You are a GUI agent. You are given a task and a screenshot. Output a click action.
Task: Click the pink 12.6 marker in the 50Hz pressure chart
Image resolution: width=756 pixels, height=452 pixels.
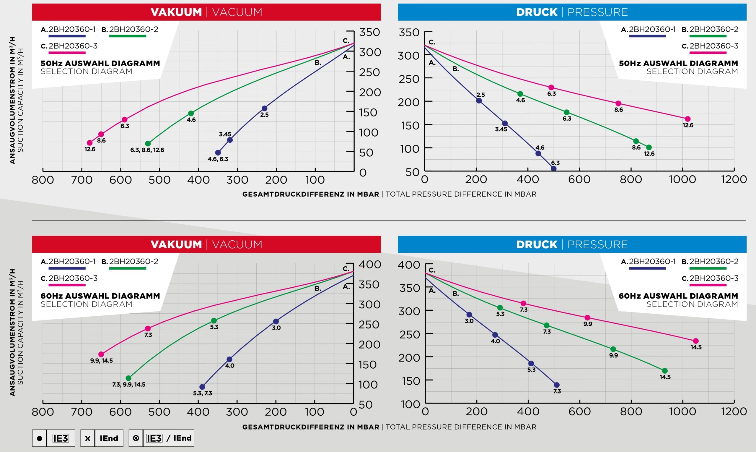(687, 119)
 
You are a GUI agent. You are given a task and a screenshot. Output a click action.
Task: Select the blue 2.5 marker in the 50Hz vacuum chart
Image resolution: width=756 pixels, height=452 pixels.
(264, 108)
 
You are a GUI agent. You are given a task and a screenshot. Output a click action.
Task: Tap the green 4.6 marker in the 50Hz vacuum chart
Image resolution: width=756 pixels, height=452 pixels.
(191, 113)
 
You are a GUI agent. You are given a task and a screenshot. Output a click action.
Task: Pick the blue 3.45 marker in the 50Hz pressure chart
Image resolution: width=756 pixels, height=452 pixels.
(505, 123)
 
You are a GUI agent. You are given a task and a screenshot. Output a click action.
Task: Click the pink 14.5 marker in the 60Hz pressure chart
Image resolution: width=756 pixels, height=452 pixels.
(696, 341)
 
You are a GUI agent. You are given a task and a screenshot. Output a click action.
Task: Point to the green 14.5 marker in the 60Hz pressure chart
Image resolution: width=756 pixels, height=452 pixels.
(665, 371)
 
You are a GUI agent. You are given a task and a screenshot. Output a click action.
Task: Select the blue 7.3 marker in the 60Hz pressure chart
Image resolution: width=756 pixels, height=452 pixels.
(557, 385)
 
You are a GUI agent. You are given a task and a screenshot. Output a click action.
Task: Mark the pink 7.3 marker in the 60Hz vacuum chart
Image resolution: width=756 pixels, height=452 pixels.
(148, 329)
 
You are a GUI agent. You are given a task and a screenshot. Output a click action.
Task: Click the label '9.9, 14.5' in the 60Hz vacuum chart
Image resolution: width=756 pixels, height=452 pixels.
(101, 361)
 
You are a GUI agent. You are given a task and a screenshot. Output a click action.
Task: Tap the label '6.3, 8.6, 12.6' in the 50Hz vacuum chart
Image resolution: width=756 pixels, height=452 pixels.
(147, 150)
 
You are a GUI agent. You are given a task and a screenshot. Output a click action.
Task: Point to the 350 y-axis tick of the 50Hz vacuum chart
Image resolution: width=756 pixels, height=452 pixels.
(370, 32)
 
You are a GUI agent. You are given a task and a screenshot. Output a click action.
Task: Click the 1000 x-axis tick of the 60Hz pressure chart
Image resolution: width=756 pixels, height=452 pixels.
(682, 412)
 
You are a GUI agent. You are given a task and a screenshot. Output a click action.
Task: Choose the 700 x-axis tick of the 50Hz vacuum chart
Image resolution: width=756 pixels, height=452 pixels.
(82, 180)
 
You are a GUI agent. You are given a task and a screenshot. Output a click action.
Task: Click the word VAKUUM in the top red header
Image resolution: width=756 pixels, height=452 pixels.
(176, 12)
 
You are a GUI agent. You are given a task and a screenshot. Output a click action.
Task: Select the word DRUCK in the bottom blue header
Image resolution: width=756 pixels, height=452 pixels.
(537, 244)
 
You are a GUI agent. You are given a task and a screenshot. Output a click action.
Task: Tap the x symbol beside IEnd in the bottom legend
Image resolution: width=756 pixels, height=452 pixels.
(88, 438)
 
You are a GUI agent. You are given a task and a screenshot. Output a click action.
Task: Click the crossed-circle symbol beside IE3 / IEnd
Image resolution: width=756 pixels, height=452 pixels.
(136, 438)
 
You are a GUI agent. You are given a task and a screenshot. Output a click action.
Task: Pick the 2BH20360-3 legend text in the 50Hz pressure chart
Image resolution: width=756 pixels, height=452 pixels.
(714, 46)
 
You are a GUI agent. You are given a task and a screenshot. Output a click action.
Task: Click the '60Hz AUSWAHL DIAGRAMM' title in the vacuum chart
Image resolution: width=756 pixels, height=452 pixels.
(100, 296)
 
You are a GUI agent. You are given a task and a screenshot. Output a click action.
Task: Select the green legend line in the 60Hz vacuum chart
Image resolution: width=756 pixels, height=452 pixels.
(128, 268)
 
